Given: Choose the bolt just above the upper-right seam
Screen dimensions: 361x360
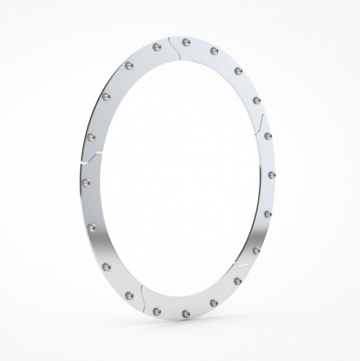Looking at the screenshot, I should [257, 99].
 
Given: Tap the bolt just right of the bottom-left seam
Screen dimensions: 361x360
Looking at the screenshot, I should [156, 311].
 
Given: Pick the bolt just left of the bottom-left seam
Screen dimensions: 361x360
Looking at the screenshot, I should [129, 295].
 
